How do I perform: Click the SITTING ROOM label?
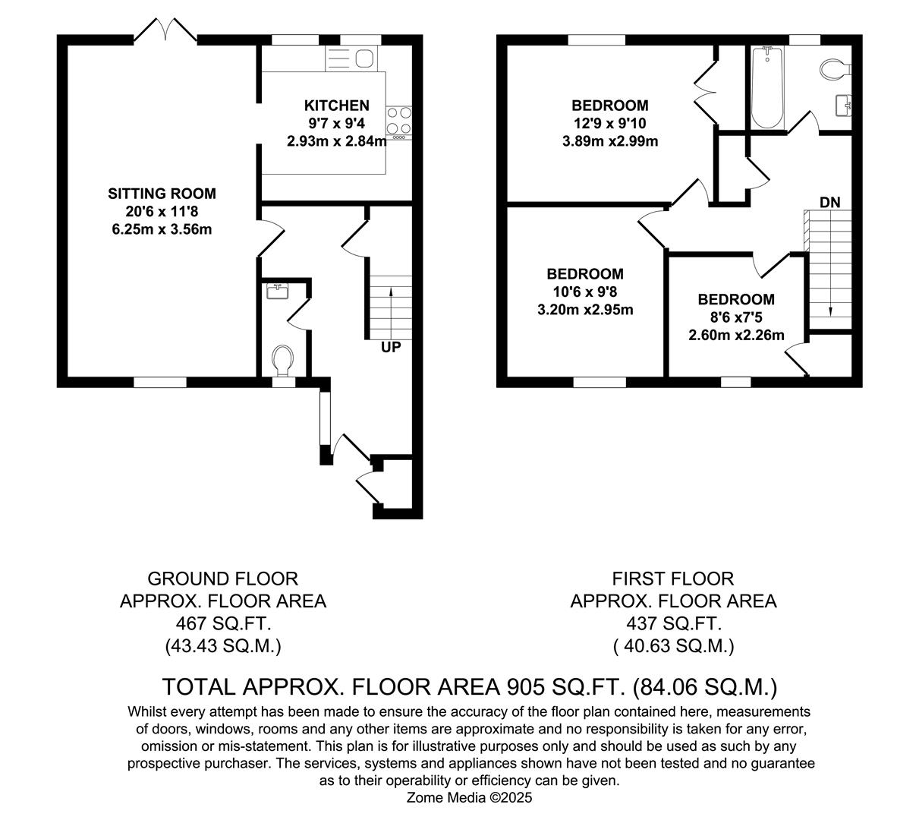(162, 194)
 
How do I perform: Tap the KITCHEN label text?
(337, 106)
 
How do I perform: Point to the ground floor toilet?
(283, 360)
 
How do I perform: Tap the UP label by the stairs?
(391, 348)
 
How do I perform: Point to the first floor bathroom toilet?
(836, 69)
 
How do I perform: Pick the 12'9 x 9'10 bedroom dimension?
(609, 123)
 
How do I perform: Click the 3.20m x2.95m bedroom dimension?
(585, 309)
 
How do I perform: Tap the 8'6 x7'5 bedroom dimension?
(736, 317)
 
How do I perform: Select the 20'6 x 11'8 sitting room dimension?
(162, 211)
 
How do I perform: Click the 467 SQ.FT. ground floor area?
(222, 623)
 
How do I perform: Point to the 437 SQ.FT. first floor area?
(673, 623)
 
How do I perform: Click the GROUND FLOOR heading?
(222, 579)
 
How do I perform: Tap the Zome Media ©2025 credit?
(470, 798)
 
